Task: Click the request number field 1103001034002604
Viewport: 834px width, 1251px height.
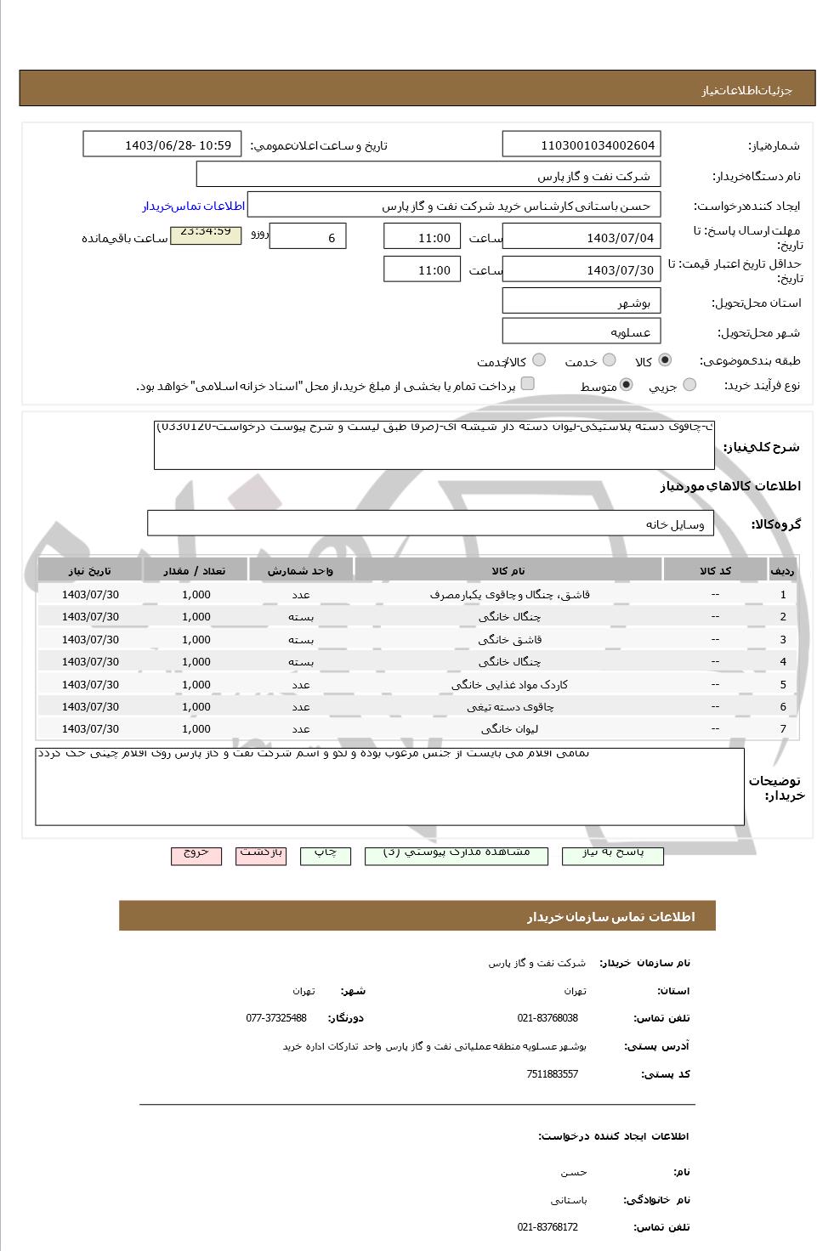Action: (582, 144)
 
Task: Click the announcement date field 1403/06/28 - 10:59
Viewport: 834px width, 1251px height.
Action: (162, 144)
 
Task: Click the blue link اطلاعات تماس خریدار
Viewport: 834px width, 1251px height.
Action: (193, 207)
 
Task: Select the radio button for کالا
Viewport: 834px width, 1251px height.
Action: (664, 360)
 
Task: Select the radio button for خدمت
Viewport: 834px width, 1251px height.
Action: (610, 360)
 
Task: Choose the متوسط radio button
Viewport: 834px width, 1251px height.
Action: (627, 385)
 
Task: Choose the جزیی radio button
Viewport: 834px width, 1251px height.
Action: (689, 385)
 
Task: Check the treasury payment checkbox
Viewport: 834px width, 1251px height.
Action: (527, 384)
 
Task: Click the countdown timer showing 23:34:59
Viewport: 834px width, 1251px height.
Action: (205, 232)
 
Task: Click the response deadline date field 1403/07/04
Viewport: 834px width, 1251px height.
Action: (582, 237)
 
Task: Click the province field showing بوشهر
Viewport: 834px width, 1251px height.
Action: (582, 302)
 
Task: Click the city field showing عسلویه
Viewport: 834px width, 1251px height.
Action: (582, 331)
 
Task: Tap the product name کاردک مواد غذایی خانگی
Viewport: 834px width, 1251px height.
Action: (508, 684)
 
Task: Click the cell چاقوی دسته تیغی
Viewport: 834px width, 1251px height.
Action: (508, 706)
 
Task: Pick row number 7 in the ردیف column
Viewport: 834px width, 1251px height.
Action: (783, 729)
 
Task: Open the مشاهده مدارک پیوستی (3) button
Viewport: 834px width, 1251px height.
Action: (457, 853)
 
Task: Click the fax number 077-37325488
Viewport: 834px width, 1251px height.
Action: (276, 1018)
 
